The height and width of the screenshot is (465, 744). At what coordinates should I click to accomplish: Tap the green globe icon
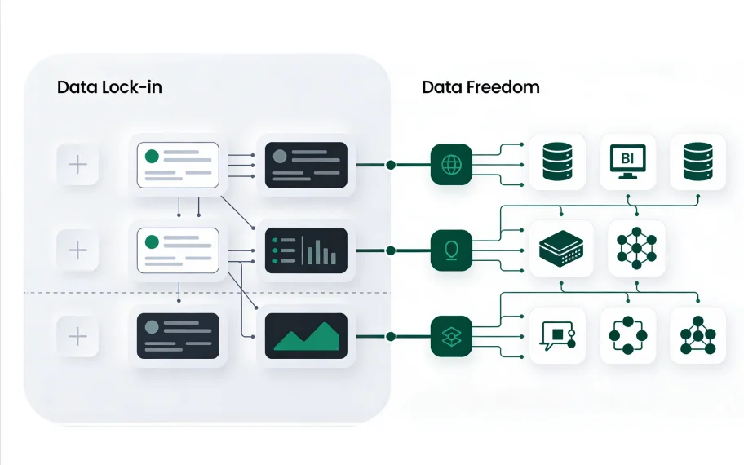pos(451,165)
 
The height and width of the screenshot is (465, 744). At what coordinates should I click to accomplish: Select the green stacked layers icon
pos(451,336)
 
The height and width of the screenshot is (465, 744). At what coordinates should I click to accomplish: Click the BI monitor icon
pos(627,162)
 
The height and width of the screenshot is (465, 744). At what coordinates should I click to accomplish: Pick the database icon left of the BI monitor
pos(557,162)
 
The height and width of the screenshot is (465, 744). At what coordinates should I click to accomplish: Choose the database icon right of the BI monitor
pos(697,162)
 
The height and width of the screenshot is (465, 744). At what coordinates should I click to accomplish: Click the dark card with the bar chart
pos(307,250)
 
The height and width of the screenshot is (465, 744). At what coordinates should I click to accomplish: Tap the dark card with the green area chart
pos(307,335)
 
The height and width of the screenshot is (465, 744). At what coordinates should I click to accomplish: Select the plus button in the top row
pos(77,165)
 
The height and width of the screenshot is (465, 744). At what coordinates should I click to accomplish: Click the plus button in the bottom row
pos(77,335)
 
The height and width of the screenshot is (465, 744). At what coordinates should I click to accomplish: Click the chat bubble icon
pos(557,335)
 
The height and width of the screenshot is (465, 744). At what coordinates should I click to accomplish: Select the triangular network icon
pos(697,335)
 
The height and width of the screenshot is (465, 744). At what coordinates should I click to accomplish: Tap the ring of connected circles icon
pos(627,335)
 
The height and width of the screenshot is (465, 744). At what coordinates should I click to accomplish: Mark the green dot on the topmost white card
pos(152,156)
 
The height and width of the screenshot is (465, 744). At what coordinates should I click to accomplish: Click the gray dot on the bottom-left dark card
pos(151,326)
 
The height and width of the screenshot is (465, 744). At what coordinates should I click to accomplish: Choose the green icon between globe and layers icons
pos(451,250)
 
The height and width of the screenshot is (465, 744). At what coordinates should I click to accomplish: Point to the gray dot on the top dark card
pos(280,156)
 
